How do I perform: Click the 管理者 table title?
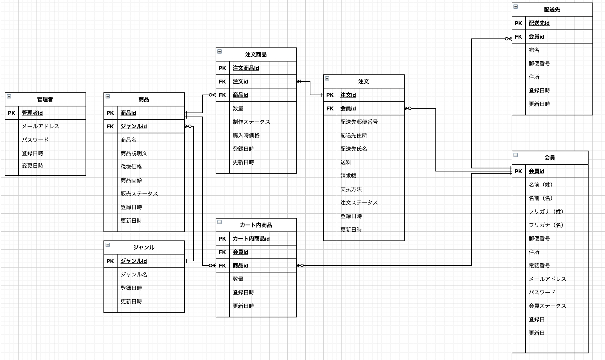(x=45, y=99)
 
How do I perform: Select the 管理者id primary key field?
(x=32, y=113)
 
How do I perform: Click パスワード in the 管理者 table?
(x=35, y=140)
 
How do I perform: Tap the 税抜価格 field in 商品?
(x=131, y=167)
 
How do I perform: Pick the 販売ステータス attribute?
(x=139, y=194)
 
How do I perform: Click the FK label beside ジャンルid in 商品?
(x=110, y=126)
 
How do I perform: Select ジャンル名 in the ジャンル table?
(x=134, y=274)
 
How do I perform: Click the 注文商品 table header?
(x=256, y=54)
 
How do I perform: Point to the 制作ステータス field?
(x=251, y=122)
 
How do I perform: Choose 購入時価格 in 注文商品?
(x=246, y=135)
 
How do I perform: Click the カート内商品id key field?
(x=251, y=239)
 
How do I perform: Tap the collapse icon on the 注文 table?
(x=327, y=78)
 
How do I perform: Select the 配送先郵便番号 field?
(x=359, y=122)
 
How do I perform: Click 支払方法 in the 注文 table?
(x=351, y=189)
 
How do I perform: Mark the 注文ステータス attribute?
(x=359, y=203)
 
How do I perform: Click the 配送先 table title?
(x=552, y=10)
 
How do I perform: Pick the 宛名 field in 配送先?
(x=534, y=50)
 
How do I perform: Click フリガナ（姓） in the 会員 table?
(x=546, y=212)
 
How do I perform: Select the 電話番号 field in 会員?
(x=539, y=265)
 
